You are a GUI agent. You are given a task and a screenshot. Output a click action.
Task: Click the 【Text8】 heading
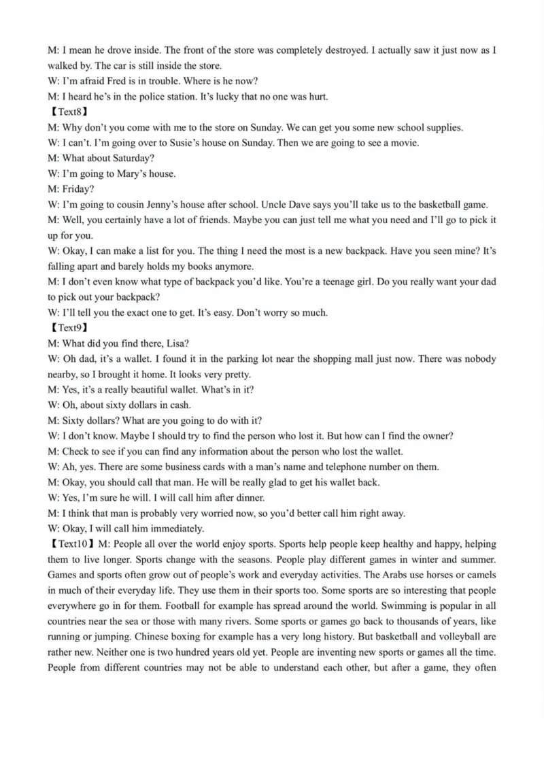click(68, 112)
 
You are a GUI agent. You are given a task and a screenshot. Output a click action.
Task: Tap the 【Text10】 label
click(71, 544)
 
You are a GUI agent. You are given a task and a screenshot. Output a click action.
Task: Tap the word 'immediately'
click(177, 529)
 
